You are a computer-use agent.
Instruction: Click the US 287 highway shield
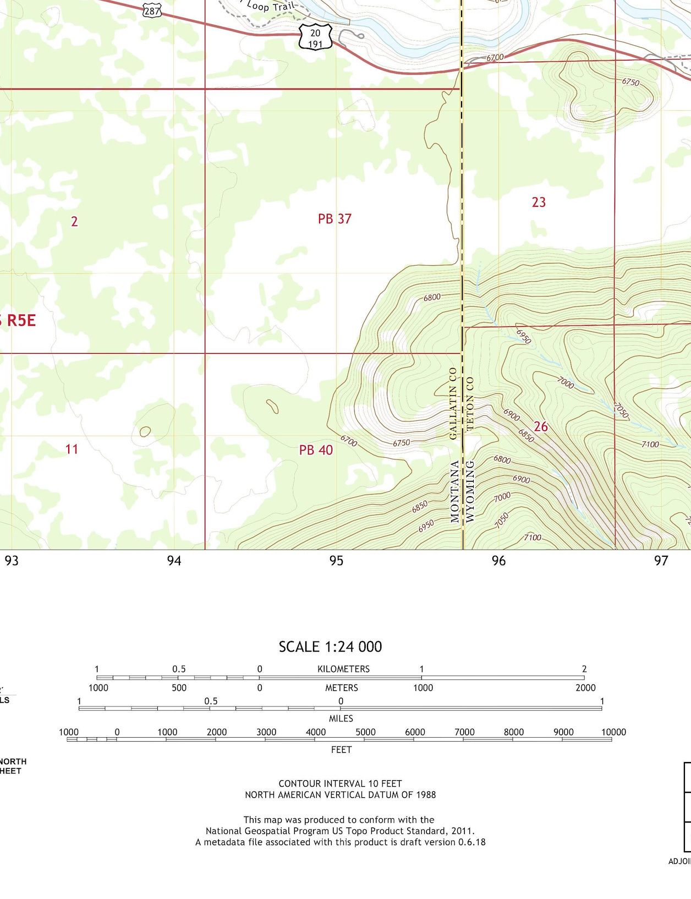[x=152, y=10]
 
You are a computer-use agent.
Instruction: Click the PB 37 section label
[x=334, y=219]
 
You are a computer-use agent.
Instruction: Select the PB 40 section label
[x=316, y=450]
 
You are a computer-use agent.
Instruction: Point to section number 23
[x=539, y=202]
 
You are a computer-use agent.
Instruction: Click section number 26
[x=541, y=426]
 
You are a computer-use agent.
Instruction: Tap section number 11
[x=72, y=450]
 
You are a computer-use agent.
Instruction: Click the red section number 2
[x=74, y=222]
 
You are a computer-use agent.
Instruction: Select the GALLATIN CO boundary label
[x=453, y=403]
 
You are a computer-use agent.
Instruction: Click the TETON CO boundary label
[x=470, y=403]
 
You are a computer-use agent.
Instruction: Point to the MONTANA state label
[x=455, y=491]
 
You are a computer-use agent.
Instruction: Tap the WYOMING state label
[x=470, y=490]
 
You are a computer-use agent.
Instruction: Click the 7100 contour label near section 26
[x=650, y=444]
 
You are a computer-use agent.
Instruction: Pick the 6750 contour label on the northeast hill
[x=630, y=82]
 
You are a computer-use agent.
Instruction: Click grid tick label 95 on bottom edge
[x=336, y=561]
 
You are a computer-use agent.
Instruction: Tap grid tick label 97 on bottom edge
[x=661, y=561]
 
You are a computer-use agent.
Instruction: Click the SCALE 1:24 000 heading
[x=330, y=646]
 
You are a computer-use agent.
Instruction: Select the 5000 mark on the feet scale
[x=365, y=732]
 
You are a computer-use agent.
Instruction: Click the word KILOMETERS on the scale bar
[x=343, y=669]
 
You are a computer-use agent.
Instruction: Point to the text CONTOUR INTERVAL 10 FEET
[x=340, y=783]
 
